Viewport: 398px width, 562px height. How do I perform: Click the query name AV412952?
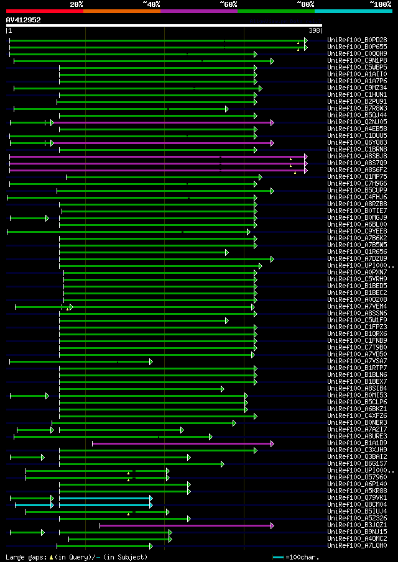[x=24, y=20]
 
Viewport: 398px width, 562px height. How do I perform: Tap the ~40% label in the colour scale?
[x=151, y=4]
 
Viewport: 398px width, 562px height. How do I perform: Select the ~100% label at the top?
[x=380, y=4]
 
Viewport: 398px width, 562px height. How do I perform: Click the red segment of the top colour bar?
[x=44, y=11]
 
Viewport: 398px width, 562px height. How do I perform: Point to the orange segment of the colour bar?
[x=121, y=11]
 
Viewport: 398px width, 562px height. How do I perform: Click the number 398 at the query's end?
[x=315, y=30]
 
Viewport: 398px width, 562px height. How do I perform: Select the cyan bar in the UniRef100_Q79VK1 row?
[x=105, y=498]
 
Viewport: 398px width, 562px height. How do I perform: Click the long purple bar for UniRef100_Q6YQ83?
[x=162, y=143]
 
